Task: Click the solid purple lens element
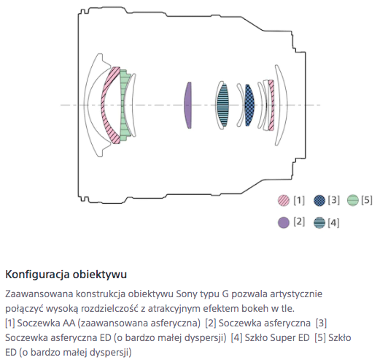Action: [x=188, y=105]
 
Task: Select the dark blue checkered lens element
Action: [x=249, y=105]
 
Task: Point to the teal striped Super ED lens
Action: [x=222, y=105]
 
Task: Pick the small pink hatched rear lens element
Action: [x=271, y=105]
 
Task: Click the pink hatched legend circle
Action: [x=283, y=200]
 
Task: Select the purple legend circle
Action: [x=283, y=222]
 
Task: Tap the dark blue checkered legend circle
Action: [x=319, y=200]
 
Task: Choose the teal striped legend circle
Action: [x=319, y=223]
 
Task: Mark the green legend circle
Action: [x=352, y=200]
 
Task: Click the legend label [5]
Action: [x=367, y=200]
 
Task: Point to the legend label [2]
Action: [x=299, y=221]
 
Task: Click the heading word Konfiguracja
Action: [x=37, y=275]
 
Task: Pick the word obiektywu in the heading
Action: [x=100, y=275]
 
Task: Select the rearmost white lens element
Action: [x=282, y=105]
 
